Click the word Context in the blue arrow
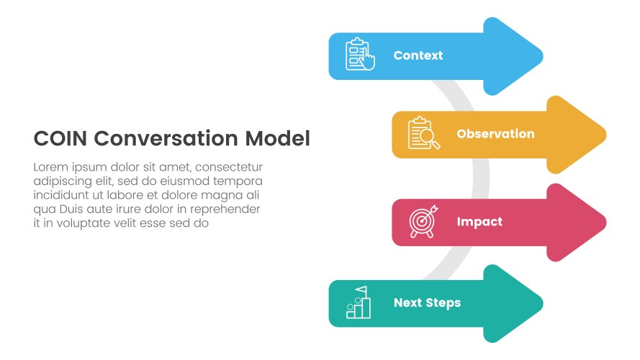click(x=418, y=55)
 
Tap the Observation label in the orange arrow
click(x=495, y=134)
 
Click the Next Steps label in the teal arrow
click(x=427, y=303)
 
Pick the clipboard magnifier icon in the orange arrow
click(x=423, y=134)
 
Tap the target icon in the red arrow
click(x=423, y=222)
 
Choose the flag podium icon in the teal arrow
click(x=359, y=302)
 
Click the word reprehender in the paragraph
click(x=223, y=210)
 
